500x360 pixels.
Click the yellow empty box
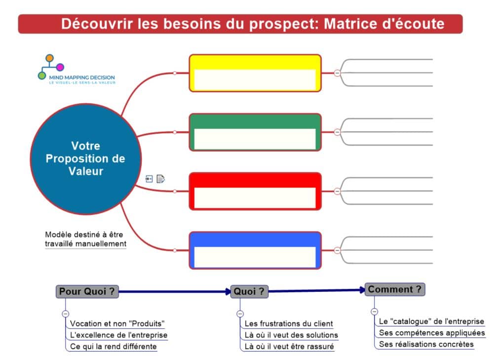coord(255,73)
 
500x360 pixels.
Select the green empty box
coord(255,132)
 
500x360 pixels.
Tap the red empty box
coord(255,191)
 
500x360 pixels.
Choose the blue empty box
coord(255,250)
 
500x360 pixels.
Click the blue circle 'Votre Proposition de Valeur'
coord(86,159)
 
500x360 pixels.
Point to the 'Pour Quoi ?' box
coord(87,291)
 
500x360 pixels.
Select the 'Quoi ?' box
coord(249,291)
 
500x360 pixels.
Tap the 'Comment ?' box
coord(395,289)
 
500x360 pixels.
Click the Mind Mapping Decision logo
coord(77,69)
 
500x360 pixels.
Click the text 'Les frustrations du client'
coord(289,323)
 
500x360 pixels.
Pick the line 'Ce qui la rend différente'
coord(113,347)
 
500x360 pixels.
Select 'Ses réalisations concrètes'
coord(426,344)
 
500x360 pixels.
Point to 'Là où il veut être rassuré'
coord(289,347)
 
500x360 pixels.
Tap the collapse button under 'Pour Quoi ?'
coord(65,314)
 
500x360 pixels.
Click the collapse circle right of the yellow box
coord(337,73)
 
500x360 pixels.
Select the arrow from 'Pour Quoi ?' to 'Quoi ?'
coord(175,291)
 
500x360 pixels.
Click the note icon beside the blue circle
coord(161,179)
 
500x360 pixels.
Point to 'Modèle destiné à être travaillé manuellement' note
coord(85,239)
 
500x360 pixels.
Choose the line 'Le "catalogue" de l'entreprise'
coord(431,321)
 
